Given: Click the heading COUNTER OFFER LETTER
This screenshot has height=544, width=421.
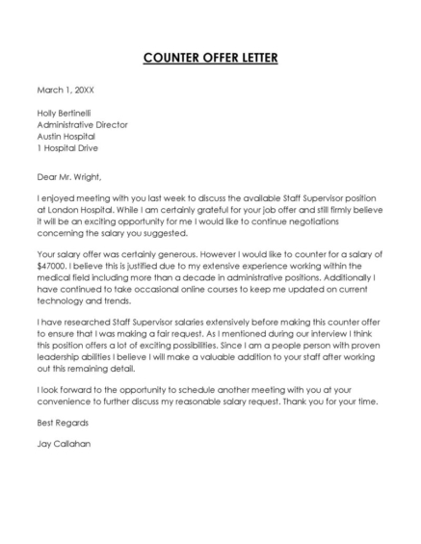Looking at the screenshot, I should (210, 58).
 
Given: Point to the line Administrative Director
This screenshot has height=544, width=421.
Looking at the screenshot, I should (82, 125).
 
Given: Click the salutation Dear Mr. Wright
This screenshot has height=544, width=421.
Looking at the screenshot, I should (68, 176).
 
